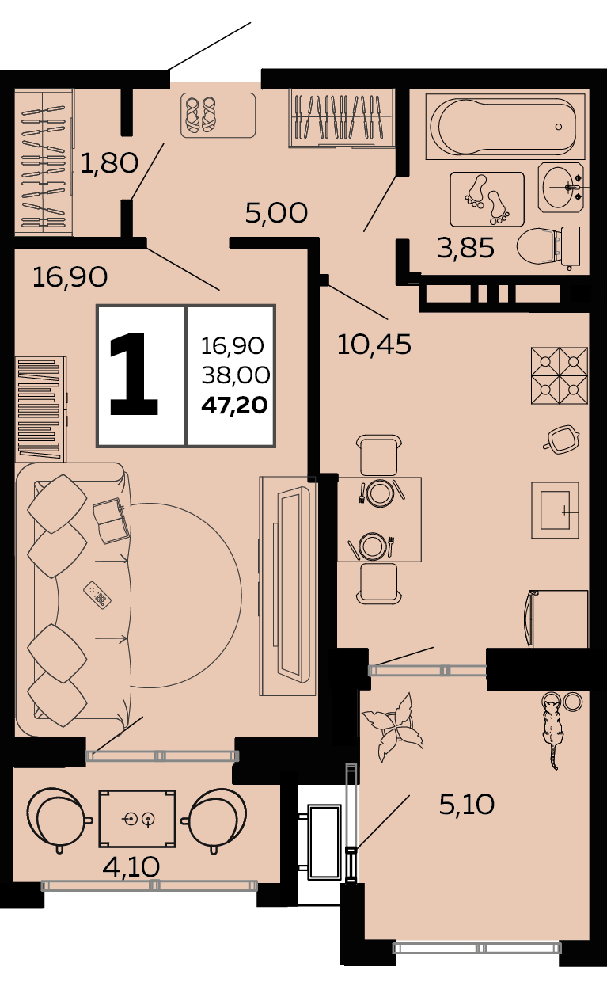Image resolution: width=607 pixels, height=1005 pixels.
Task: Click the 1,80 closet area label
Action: point(109,163)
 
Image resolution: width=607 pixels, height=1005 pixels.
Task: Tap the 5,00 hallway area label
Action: point(276,213)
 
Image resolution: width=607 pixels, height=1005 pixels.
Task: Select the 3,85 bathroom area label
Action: point(465,248)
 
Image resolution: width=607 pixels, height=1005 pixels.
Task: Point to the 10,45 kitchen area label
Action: point(374,345)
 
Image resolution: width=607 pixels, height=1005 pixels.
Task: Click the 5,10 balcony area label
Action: point(466,804)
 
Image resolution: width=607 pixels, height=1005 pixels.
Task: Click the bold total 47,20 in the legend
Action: point(234,405)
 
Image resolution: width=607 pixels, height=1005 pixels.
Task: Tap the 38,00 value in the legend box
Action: point(235,375)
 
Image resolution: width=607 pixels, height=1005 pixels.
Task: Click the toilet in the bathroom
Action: point(548,247)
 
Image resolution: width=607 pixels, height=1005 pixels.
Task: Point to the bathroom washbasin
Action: point(561,187)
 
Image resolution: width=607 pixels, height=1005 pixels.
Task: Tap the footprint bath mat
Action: point(487,200)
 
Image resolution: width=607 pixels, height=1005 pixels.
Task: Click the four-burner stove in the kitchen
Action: point(559,375)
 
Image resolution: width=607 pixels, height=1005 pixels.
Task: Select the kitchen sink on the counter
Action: point(555,510)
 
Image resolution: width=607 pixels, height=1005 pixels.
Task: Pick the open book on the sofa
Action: point(112,520)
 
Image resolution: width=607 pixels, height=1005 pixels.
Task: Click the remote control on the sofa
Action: point(97,595)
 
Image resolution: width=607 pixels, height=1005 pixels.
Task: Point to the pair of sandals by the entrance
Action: point(200,116)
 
